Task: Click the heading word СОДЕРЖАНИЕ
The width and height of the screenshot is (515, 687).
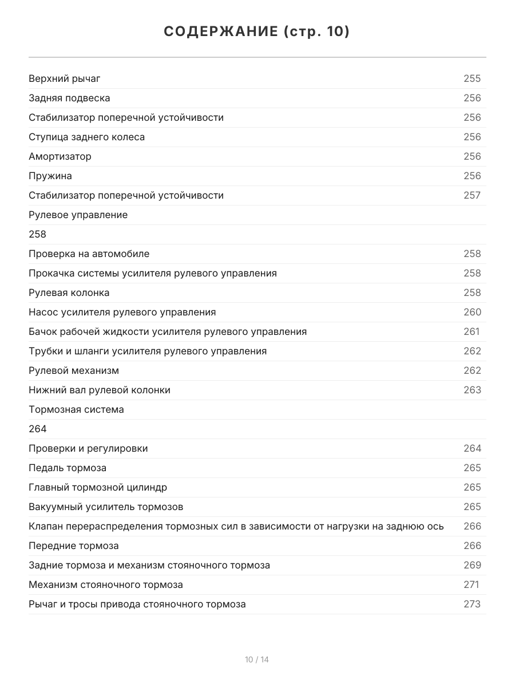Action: coord(220,31)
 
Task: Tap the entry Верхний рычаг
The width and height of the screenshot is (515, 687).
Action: coord(65,78)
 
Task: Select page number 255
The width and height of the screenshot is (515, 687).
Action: coord(472,78)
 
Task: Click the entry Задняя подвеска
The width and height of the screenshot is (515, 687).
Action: coord(69,98)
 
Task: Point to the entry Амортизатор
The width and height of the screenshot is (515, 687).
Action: coord(60,156)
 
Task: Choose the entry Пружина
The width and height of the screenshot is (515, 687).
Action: coord(50,176)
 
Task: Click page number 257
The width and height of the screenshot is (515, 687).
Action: coord(472,195)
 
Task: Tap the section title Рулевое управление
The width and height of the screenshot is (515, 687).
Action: coord(78,215)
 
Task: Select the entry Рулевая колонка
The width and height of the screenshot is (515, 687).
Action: coord(69,293)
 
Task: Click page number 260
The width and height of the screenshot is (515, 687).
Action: coord(472,312)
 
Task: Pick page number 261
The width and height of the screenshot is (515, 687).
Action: coord(472,331)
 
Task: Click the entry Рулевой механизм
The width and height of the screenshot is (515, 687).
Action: coord(74,370)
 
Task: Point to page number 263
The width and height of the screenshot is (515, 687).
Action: coord(472,390)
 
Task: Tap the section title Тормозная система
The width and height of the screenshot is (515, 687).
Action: coord(76,409)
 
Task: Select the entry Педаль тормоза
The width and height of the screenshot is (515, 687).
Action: coord(68,468)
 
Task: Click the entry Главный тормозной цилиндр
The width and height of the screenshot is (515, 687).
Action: coord(98,487)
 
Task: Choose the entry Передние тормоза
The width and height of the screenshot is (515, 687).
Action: coord(74,546)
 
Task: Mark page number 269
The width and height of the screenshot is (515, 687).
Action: coord(472,565)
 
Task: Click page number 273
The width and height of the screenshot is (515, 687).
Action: coord(472,604)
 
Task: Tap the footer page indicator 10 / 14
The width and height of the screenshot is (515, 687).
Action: coord(257,660)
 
